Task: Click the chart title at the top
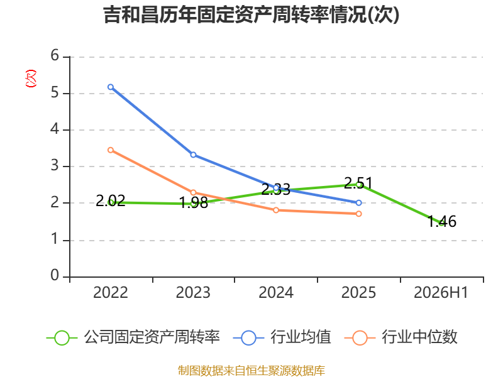(x=251, y=14)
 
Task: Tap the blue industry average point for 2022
(x=111, y=87)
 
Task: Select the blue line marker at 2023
(x=193, y=155)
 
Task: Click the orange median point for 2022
(x=111, y=150)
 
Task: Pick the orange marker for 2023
(x=193, y=192)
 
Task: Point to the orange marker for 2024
(x=276, y=210)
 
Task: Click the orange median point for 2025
(x=358, y=214)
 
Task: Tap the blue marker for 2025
(x=358, y=202)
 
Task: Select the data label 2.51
(x=358, y=183)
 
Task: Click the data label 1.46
(x=442, y=222)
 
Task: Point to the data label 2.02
(x=111, y=201)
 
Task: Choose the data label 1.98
(x=193, y=203)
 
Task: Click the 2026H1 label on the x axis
(x=441, y=292)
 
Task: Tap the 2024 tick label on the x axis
(x=276, y=292)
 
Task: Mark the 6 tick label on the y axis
(x=55, y=55)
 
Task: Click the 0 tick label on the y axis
(x=55, y=275)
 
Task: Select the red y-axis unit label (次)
(x=31, y=79)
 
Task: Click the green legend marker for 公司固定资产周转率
(x=62, y=338)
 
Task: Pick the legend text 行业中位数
(x=419, y=337)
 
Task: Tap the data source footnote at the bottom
(x=251, y=371)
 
